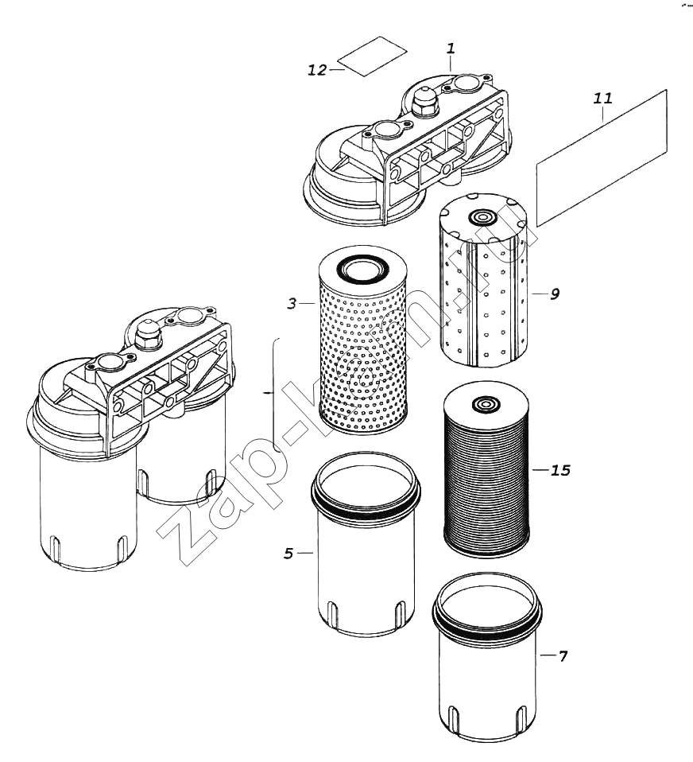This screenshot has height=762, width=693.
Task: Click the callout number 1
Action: click(x=451, y=49)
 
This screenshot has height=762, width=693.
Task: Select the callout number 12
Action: click(x=317, y=70)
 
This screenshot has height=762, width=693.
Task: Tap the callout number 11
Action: click(x=602, y=99)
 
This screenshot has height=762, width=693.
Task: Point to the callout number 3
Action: click(x=292, y=303)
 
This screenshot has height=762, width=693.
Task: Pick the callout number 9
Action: click(x=554, y=294)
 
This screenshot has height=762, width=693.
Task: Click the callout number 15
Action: click(x=560, y=470)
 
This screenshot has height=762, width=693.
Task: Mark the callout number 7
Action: click(x=563, y=656)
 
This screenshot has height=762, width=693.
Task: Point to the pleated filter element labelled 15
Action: click(x=483, y=477)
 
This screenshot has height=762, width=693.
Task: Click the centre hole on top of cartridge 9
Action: click(x=480, y=218)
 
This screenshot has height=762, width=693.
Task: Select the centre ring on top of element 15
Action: click(x=482, y=406)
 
